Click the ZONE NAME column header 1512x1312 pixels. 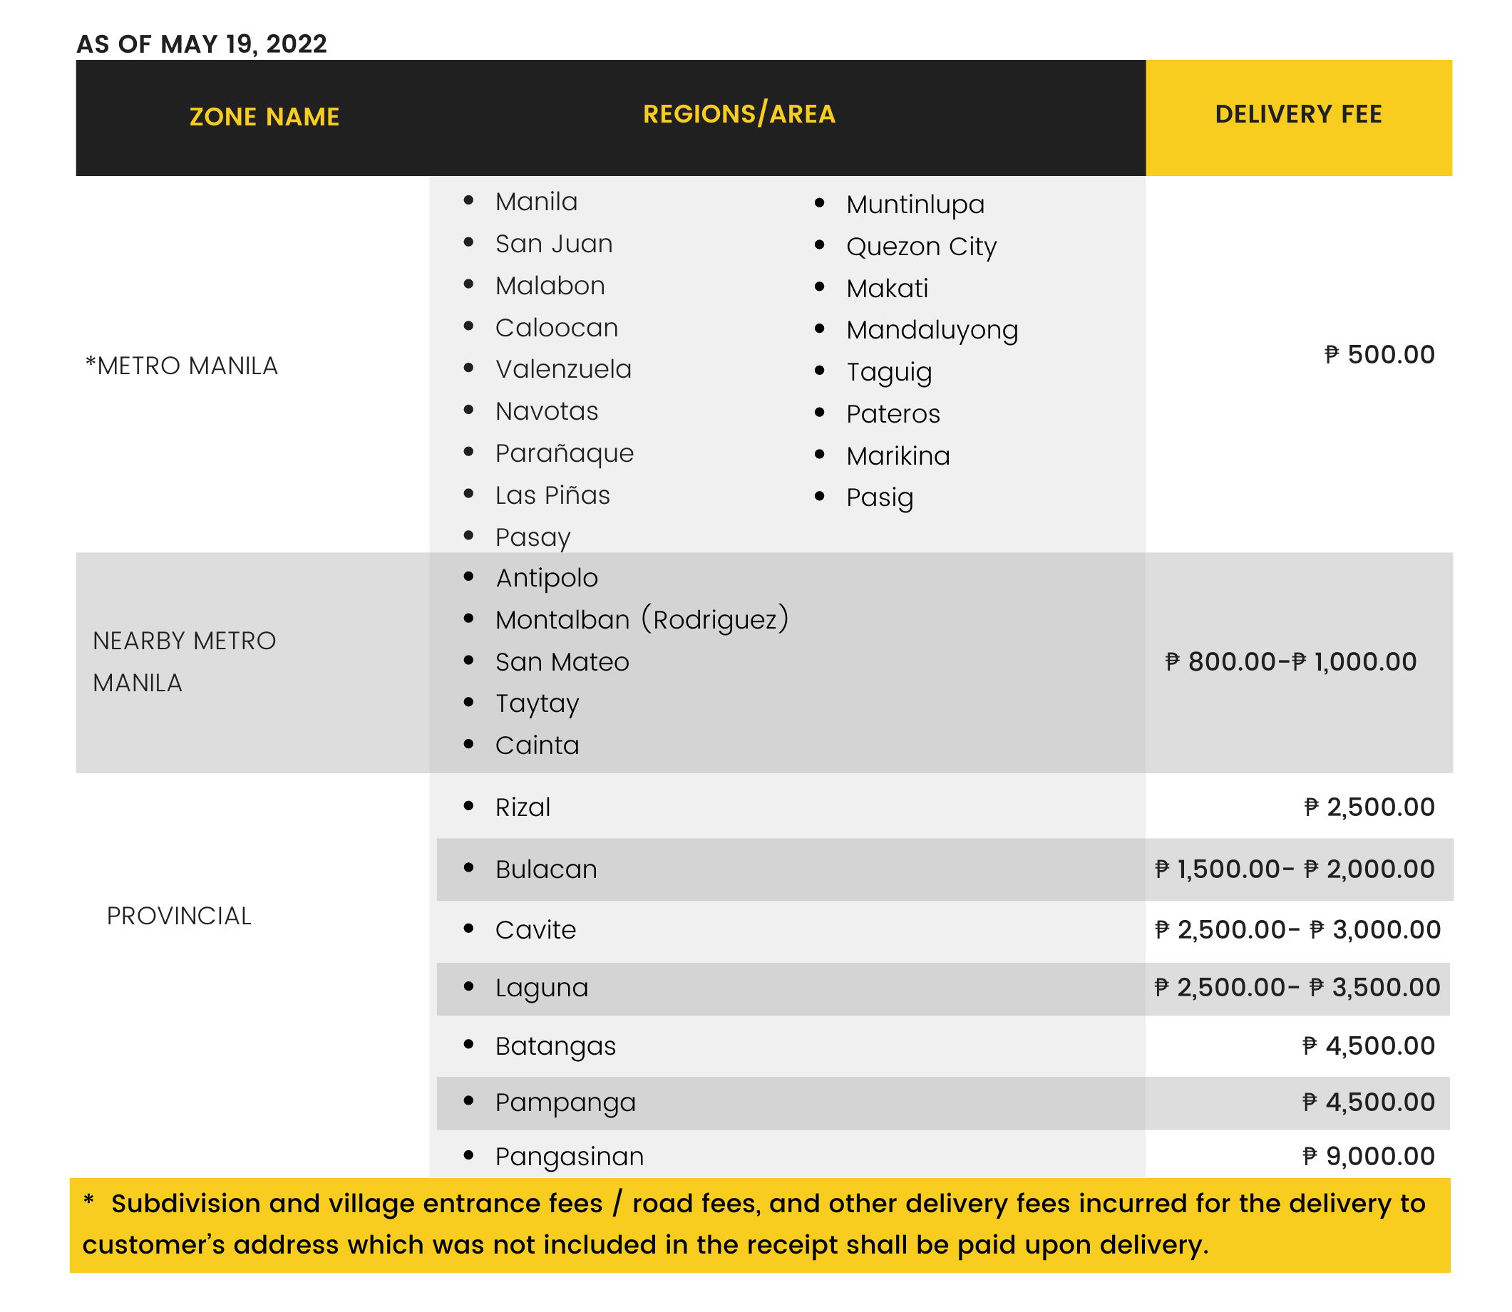point(264,116)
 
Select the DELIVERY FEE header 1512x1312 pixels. point(1297,114)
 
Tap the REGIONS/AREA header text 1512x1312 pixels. point(739,114)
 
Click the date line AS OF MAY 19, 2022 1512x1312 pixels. point(201,44)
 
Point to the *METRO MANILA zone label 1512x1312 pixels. point(182,366)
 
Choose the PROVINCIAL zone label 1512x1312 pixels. point(179,916)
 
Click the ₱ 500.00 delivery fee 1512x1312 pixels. point(1379,354)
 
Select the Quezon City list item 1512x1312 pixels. point(921,247)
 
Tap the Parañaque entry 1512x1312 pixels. point(564,453)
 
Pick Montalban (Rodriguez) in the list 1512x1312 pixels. point(642,620)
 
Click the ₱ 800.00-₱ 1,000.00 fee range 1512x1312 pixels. point(1290,662)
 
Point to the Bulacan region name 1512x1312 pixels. point(546,869)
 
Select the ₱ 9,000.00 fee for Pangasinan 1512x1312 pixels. point(1369,1156)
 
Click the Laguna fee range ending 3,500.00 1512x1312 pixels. point(1297,988)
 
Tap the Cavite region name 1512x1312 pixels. point(535,930)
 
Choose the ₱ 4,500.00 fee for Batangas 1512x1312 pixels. point(1369,1045)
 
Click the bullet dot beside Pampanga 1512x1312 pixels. point(468,1100)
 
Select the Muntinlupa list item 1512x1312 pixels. point(915,205)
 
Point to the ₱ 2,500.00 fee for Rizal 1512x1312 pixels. point(1369,807)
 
